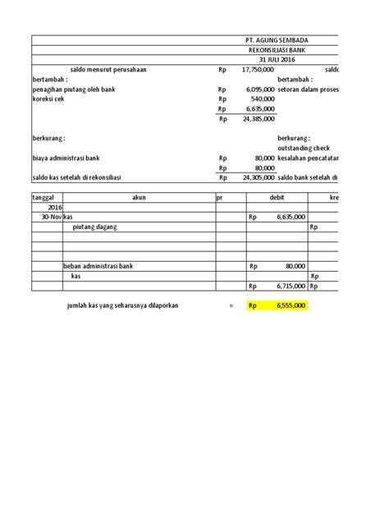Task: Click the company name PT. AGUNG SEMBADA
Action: click(x=277, y=39)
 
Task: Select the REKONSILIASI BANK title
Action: click(x=277, y=50)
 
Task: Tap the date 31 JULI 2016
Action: click(x=277, y=60)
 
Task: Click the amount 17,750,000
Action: click(x=258, y=70)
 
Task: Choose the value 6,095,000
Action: click(x=259, y=89)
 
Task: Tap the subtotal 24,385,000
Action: click(x=258, y=118)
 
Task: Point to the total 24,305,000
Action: click(x=258, y=177)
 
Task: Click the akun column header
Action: click(x=138, y=198)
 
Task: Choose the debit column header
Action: click(x=277, y=198)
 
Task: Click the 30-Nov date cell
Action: click(x=46, y=217)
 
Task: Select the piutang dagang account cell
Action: click(x=98, y=227)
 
